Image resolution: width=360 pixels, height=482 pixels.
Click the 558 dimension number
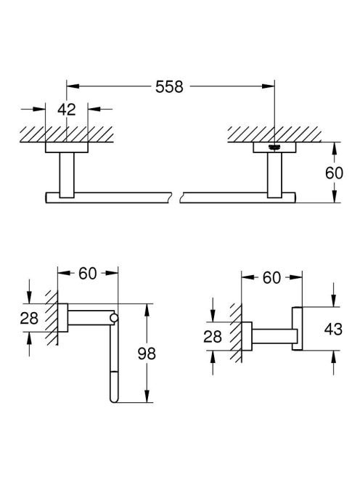tap(169, 86)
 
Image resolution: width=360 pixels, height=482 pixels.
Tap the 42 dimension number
tap(66, 110)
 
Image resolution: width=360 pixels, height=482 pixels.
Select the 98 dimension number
tap(147, 354)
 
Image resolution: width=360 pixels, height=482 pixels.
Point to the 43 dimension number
tap(333, 330)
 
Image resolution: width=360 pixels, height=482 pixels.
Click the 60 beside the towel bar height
tap(334, 173)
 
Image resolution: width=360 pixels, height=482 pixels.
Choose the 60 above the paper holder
tap(88, 273)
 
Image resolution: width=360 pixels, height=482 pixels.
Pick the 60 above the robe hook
tap(271, 278)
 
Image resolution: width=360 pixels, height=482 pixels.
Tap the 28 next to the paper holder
tap(29, 318)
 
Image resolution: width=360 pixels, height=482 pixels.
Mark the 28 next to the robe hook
tap(213, 337)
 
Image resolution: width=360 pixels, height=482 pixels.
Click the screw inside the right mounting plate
tap(274, 147)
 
